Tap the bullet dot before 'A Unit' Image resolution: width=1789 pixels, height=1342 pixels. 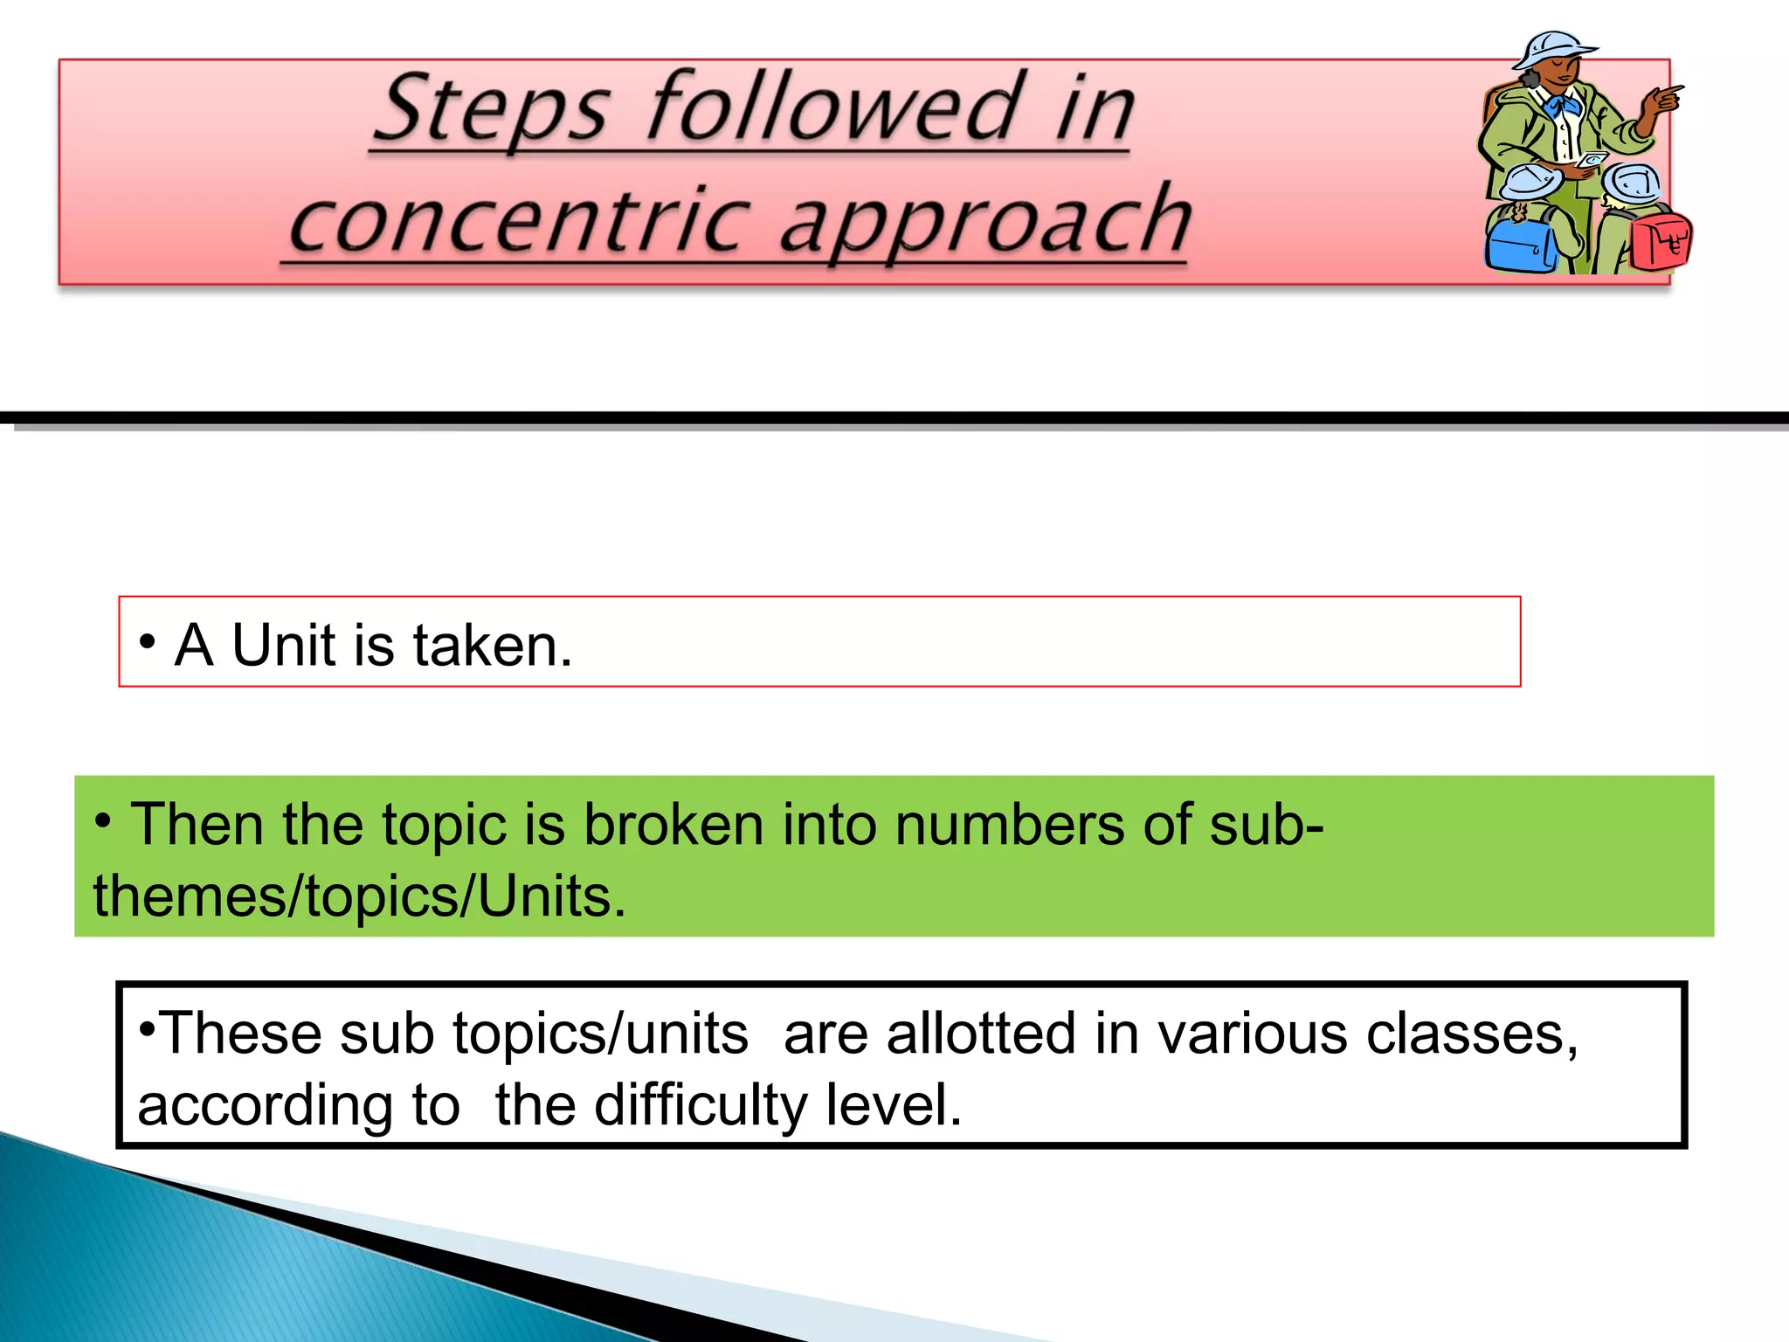pyautogui.click(x=147, y=642)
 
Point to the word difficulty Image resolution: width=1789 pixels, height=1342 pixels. pyautogui.click(x=701, y=1106)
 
